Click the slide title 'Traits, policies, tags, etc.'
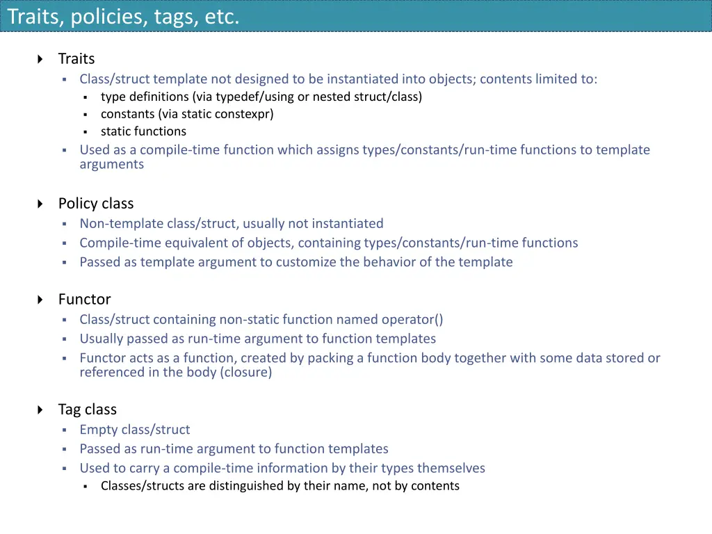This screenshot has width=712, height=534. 123,16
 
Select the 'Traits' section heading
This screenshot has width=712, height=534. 76,59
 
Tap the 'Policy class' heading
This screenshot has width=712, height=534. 96,204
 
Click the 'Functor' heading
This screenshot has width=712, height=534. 85,300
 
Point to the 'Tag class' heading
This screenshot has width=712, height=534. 88,410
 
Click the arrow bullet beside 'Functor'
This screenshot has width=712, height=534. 40,300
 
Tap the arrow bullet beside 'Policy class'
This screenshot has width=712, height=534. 40,204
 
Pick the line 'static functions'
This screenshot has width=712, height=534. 143,131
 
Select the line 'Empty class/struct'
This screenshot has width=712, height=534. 134,430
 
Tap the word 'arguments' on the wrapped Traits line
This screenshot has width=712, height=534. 112,164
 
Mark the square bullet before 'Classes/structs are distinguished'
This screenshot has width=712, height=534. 85,487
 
